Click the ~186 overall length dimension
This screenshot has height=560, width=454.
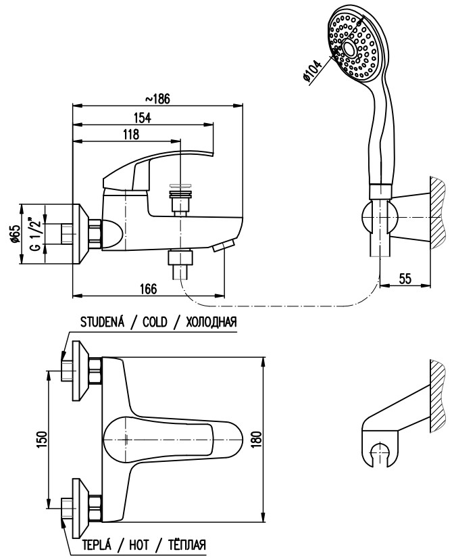[x=158, y=99]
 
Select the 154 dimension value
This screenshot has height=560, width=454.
[x=143, y=118]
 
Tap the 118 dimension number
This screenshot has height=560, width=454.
[x=131, y=135]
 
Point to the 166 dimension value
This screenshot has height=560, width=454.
[x=149, y=289]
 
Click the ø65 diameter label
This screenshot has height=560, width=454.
[x=15, y=233]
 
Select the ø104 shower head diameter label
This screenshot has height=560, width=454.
[x=312, y=72]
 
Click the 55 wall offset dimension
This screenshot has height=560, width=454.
[x=405, y=278]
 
